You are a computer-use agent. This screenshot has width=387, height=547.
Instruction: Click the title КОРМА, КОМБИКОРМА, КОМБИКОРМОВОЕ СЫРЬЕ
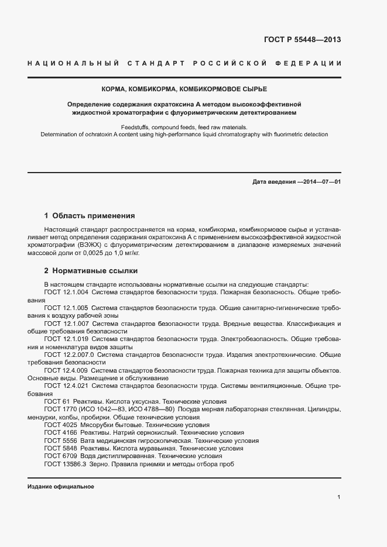(x=184, y=88)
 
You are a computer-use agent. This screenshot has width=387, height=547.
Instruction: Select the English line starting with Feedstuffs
(x=184, y=126)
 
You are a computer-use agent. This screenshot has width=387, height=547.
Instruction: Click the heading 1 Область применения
(x=90, y=215)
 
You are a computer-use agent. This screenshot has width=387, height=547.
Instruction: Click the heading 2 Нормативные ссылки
(x=91, y=271)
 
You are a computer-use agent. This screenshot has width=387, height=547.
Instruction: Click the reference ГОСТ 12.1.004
(x=66, y=291)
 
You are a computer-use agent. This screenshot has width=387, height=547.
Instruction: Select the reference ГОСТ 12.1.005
(x=66, y=307)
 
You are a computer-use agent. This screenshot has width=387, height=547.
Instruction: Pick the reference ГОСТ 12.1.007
(x=66, y=324)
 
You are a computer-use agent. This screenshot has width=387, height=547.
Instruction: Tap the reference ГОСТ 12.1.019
(x=66, y=339)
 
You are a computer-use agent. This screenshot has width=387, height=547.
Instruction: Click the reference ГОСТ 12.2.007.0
(x=69, y=355)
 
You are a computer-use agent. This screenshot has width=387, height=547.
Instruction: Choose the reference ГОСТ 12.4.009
(x=66, y=370)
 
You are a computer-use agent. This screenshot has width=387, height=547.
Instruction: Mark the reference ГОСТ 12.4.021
(x=66, y=386)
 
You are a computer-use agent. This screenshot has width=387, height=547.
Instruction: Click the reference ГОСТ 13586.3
(x=65, y=464)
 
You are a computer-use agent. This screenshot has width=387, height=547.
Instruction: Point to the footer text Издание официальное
(x=61, y=487)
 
